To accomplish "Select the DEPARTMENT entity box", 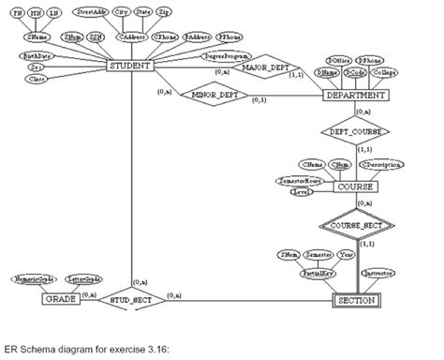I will pyautogui.click(x=353, y=95).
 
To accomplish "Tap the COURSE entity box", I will pyautogui.click(x=353, y=187).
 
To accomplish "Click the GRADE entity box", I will pyautogui.click(x=57, y=300).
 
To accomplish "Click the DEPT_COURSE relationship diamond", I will pyautogui.click(x=354, y=132).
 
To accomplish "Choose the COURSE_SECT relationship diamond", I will pyautogui.click(x=354, y=226).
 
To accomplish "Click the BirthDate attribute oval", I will pyautogui.click(x=37, y=56).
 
